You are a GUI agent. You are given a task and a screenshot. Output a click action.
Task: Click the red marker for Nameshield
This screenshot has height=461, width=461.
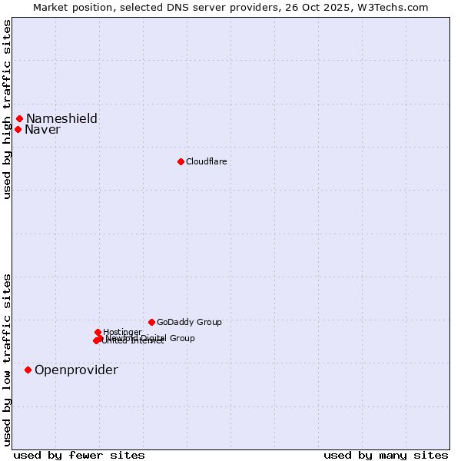[x=19, y=118]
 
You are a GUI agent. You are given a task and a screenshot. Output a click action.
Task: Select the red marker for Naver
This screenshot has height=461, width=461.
[x=18, y=129]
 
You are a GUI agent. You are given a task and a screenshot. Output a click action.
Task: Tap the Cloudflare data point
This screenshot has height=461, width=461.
[x=181, y=161]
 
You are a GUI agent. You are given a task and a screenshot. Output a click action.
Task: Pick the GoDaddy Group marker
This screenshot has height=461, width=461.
[x=151, y=322]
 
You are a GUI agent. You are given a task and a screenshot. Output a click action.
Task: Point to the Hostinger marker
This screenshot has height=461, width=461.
[x=98, y=332]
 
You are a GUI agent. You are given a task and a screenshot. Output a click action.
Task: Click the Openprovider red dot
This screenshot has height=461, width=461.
[x=28, y=370]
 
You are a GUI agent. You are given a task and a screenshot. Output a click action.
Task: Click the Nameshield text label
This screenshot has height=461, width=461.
[x=61, y=118]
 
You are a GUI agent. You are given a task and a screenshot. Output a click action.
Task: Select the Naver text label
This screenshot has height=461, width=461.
[x=42, y=129]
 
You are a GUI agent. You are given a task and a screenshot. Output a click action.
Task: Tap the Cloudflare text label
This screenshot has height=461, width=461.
[x=206, y=161]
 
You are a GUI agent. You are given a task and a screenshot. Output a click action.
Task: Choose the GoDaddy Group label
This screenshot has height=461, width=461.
[x=189, y=322]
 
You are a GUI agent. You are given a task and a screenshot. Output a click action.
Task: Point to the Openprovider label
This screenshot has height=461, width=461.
[x=76, y=370]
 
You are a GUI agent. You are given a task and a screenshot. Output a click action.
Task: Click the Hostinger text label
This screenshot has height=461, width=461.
[x=122, y=332]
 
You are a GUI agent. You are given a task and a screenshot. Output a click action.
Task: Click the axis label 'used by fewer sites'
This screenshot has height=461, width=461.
[x=79, y=455]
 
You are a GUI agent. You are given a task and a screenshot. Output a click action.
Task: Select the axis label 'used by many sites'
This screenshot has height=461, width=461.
[x=386, y=455]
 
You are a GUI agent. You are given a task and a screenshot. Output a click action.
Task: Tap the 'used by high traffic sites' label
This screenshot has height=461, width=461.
[x=7, y=109]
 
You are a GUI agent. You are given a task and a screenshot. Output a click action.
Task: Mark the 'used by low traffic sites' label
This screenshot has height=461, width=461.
[x=7, y=359]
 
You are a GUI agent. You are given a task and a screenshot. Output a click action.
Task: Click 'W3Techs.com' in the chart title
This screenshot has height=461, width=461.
[x=396, y=7]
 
